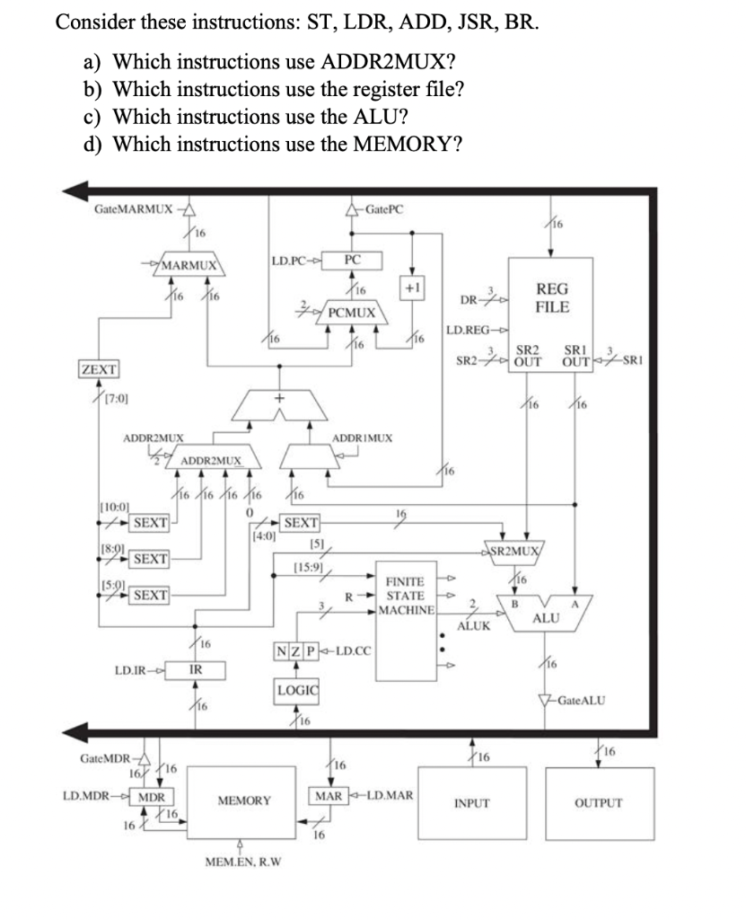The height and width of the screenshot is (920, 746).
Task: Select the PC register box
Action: (x=354, y=260)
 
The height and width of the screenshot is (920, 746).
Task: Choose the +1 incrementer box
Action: (x=415, y=288)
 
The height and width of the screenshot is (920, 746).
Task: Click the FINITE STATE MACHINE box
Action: (x=408, y=620)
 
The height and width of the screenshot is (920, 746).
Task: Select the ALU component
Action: (x=545, y=619)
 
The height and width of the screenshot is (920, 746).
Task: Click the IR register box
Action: (x=195, y=670)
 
